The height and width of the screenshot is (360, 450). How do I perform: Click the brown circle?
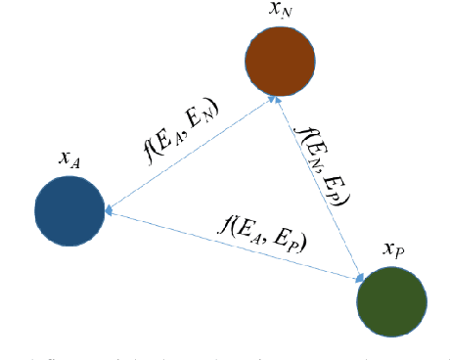[280, 61]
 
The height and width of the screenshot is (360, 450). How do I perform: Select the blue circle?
[69, 210]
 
